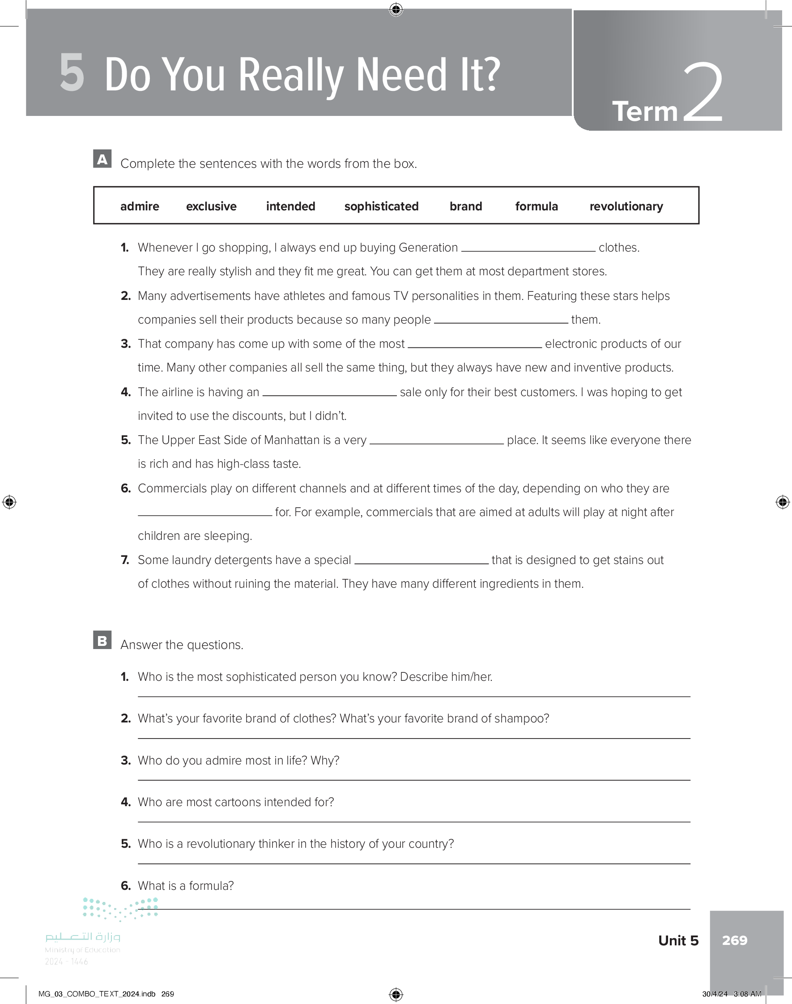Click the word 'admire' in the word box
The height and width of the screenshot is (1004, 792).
coord(140,206)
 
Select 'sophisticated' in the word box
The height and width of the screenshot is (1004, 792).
coord(381,206)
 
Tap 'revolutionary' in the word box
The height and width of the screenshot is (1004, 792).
coord(626,206)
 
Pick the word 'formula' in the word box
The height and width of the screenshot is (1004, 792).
coord(537,206)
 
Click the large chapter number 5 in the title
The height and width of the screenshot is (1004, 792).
coord(72,73)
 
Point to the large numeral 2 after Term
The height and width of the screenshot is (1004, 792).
coord(703,93)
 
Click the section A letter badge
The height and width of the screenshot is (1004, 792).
coord(102,159)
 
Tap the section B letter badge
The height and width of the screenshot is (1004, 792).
coord(102,640)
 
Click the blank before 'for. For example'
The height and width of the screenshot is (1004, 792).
coord(205,513)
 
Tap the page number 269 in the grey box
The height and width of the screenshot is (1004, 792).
coord(734,940)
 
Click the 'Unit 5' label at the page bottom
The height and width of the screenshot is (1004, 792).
coord(678,940)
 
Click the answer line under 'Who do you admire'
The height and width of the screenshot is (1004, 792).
coord(413,780)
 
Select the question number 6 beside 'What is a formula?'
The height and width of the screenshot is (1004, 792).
coord(126,886)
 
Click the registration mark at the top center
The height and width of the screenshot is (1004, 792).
coord(396,9)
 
